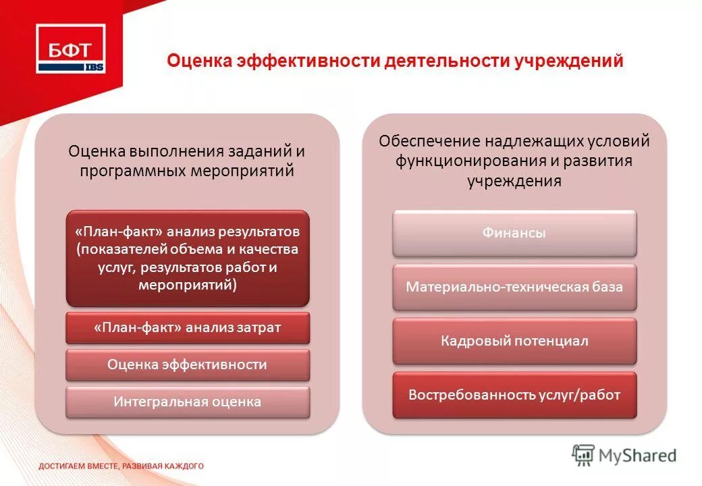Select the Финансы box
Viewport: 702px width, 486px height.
(x=514, y=234)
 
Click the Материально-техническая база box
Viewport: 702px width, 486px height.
(x=514, y=287)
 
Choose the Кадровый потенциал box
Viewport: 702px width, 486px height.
(x=514, y=341)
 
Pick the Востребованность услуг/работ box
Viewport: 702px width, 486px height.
(x=514, y=395)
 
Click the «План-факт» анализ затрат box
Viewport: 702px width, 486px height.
(x=187, y=328)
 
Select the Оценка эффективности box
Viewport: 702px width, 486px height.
(x=187, y=365)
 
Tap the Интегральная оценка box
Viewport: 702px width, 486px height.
(x=187, y=402)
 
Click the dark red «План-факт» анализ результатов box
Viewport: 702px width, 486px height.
(x=187, y=258)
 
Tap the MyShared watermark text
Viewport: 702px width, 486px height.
(x=638, y=456)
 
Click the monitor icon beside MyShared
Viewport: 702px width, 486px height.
(x=583, y=455)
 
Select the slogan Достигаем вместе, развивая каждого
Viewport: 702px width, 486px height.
(x=120, y=466)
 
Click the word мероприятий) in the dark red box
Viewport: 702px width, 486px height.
(x=187, y=285)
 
